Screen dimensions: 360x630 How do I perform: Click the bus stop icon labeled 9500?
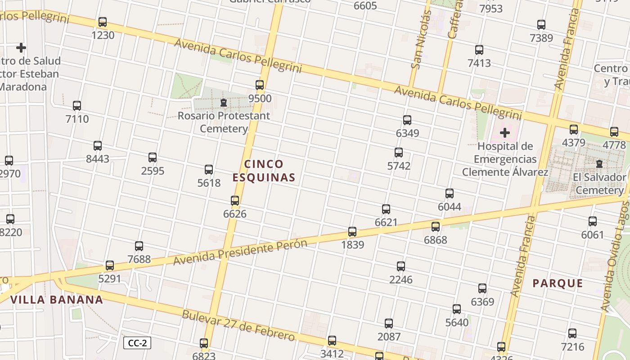pyautogui.click(x=260, y=85)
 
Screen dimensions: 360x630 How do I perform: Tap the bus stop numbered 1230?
pyautogui.click(x=103, y=22)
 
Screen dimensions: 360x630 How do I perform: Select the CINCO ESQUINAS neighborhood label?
pyautogui.click(x=264, y=171)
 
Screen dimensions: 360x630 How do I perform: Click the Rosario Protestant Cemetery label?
pyautogui.click(x=224, y=122)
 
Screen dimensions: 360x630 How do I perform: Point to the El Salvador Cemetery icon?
pyautogui.click(x=599, y=164)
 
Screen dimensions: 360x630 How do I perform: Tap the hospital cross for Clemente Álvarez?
pyautogui.click(x=505, y=133)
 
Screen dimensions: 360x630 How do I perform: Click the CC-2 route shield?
pyautogui.click(x=137, y=343)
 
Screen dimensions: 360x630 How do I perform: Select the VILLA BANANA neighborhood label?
pyautogui.click(x=57, y=300)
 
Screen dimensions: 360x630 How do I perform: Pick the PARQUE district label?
pyautogui.click(x=558, y=283)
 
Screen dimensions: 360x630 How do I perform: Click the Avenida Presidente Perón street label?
pyautogui.click(x=240, y=252)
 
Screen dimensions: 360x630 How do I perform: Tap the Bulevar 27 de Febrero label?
pyautogui.click(x=238, y=325)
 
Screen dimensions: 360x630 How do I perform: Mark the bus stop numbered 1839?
pyautogui.click(x=352, y=232)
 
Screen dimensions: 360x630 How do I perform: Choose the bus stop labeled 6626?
pyautogui.click(x=235, y=201)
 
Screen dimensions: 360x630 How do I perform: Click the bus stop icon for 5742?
pyautogui.click(x=399, y=153)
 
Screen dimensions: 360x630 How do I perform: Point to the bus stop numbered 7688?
pyautogui.click(x=139, y=246)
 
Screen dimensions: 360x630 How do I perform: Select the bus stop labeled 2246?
pyautogui.click(x=401, y=266)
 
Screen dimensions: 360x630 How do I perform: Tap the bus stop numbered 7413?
pyautogui.click(x=479, y=50)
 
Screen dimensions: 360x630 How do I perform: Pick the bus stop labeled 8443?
pyautogui.click(x=98, y=146)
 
